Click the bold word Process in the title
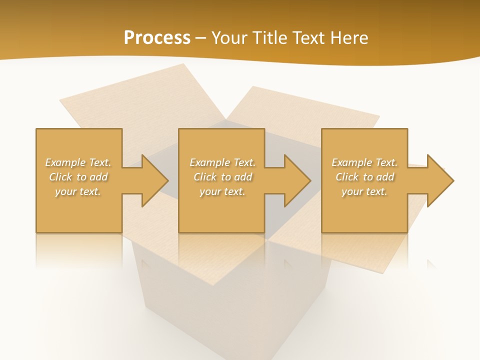pyautogui.click(x=157, y=37)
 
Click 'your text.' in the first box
pyautogui.click(x=78, y=191)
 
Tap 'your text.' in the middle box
pyautogui.click(x=222, y=191)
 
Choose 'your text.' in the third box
pyautogui.click(x=364, y=191)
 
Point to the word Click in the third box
pyautogui.click(x=347, y=177)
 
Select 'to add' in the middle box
pyautogui.click(x=236, y=177)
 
